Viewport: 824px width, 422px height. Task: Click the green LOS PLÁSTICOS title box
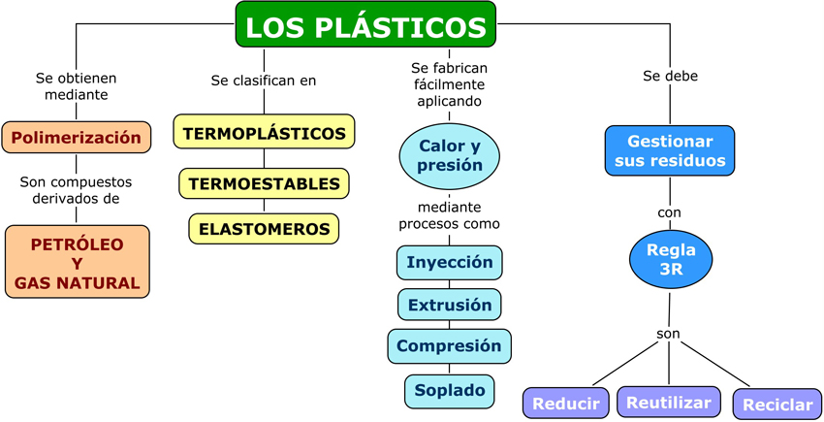point(365,25)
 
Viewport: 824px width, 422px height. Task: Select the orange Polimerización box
point(77,137)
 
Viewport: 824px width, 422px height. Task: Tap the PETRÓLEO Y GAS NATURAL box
point(78,261)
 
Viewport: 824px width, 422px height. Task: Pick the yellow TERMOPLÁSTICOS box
point(264,132)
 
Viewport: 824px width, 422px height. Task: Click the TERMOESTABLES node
point(264,183)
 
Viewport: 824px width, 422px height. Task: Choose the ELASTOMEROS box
point(264,229)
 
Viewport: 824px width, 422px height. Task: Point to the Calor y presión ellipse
point(450,155)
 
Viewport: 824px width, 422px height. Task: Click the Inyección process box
point(450,262)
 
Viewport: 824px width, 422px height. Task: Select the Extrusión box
point(450,305)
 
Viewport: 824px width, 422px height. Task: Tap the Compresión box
point(449,346)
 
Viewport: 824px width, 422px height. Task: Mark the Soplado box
point(450,390)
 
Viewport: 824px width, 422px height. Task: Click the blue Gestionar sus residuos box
point(670,149)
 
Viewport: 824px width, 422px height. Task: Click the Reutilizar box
point(670,401)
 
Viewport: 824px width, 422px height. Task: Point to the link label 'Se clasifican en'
point(264,81)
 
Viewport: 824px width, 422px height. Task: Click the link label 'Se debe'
point(670,75)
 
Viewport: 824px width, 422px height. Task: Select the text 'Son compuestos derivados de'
point(77,190)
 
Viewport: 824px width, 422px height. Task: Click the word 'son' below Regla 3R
point(668,334)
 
